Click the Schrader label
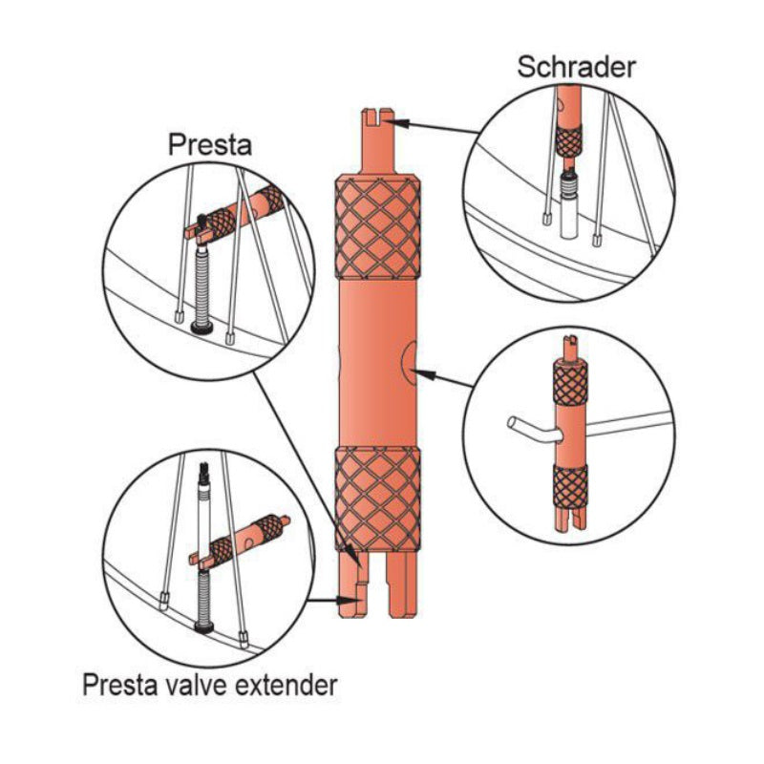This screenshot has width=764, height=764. click(x=577, y=67)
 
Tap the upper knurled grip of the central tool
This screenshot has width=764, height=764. click(x=376, y=225)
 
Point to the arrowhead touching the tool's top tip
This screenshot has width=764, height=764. click(x=398, y=121)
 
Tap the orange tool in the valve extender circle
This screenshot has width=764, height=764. click(x=250, y=540)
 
